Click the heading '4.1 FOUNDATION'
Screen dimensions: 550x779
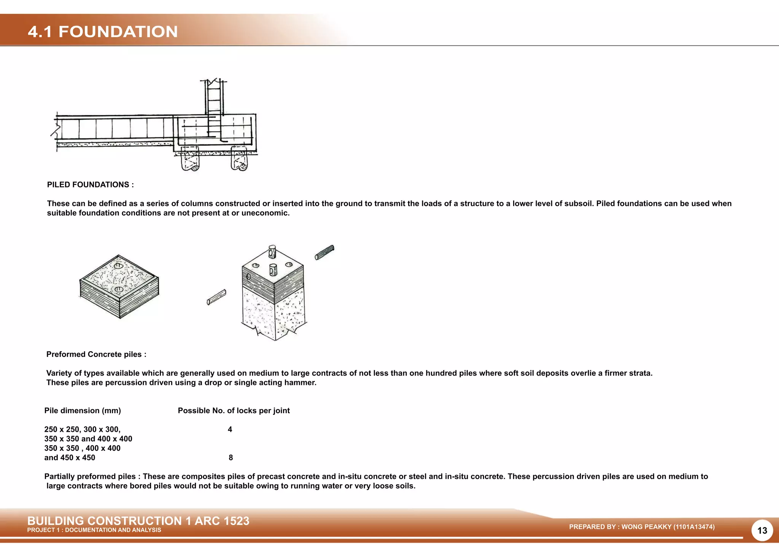coord(103,32)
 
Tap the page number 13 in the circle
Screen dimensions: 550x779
coord(762,531)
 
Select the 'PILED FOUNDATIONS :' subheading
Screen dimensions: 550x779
coord(90,185)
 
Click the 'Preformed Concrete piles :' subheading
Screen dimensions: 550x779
coord(96,354)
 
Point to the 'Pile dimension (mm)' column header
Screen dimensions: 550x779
coord(83,411)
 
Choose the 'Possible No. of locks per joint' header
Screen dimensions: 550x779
coord(234,411)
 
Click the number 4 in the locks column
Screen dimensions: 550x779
coord(230,430)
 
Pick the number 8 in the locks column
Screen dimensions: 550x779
coord(231,458)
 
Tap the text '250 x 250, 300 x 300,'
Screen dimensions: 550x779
coord(82,430)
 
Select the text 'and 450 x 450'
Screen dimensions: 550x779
coord(70,458)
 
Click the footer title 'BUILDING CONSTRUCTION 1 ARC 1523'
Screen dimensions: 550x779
coord(138,521)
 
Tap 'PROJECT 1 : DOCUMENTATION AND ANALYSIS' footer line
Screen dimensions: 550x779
coord(94,530)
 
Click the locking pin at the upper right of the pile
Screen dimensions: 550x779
coord(324,252)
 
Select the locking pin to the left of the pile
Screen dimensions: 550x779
coord(216,297)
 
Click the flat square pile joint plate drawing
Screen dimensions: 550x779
coord(119,286)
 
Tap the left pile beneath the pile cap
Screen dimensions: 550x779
coord(189,159)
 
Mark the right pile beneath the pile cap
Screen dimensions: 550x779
coord(239,159)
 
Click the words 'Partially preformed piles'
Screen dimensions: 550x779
coord(90,477)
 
